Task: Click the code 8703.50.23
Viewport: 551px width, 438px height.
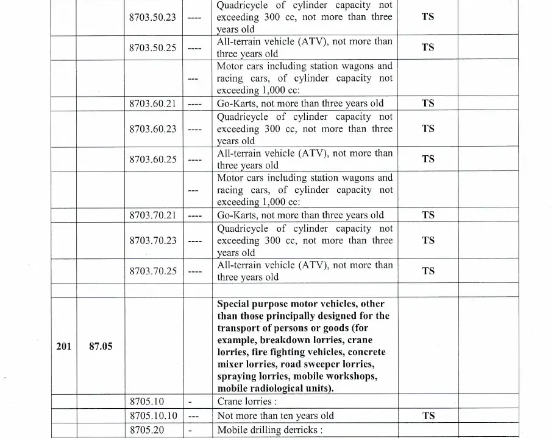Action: (x=152, y=17)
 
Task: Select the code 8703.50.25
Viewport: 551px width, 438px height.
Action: (x=152, y=47)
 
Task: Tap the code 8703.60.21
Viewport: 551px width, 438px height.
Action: (x=152, y=103)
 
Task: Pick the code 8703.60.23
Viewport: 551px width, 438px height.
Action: (x=152, y=129)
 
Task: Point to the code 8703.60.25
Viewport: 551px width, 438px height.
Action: (x=152, y=159)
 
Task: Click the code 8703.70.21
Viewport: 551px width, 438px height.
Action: (x=152, y=215)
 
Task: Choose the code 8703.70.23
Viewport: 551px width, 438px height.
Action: (x=152, y=241)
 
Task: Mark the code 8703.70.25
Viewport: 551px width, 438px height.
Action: (x=152, y=271)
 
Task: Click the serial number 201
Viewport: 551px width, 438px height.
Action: (x=63, y=346)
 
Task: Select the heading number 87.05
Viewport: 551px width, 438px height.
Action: (x=101, y=347)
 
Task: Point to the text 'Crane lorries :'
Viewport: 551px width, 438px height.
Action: (x=247, y=402)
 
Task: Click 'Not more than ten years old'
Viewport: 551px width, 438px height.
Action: (x=275, y=416)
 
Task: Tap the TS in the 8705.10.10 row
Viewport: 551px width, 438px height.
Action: (x=428, y=416)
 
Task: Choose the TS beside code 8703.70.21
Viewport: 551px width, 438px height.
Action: (x=428, y=215)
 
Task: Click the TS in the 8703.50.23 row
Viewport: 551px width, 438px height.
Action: (x=428, y=17)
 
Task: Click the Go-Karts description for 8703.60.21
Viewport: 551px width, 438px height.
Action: (x=300, y=103)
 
